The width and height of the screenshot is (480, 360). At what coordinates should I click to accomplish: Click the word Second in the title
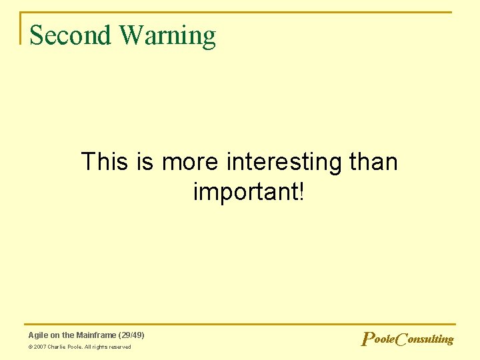71,35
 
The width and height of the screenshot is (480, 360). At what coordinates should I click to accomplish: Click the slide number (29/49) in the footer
131,335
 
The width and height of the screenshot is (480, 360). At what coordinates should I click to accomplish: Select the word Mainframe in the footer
95,335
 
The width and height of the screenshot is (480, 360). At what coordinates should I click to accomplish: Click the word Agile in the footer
38,335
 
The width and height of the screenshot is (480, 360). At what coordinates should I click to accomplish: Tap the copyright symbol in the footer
31,347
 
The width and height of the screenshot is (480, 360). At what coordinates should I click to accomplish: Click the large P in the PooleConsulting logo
366,339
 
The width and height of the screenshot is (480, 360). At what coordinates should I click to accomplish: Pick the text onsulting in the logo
430,339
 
